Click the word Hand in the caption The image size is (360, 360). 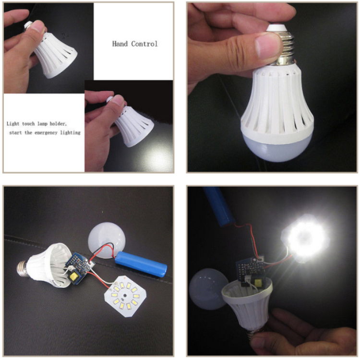120,44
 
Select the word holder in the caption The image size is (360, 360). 58,124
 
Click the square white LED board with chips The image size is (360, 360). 125,297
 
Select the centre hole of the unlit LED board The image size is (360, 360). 125,296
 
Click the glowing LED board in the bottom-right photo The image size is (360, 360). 305,238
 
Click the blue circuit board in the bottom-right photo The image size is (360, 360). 250,270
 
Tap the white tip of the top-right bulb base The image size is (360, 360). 276,28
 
